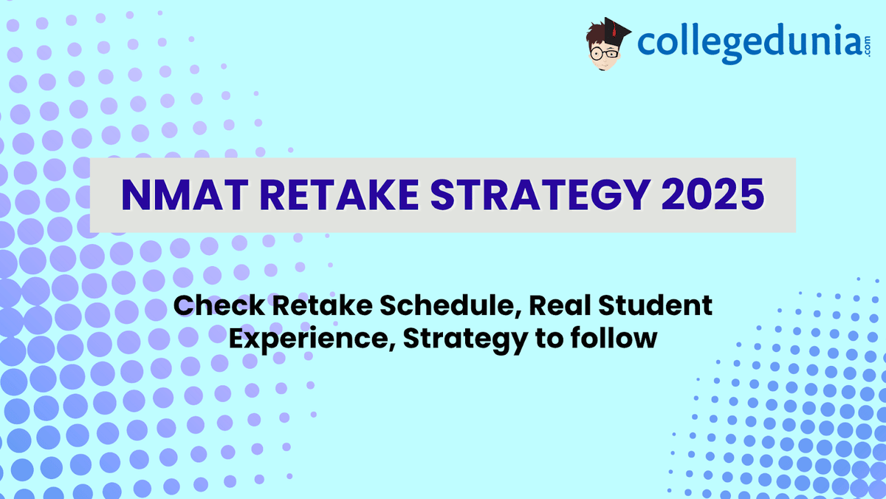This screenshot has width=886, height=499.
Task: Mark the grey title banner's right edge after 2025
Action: (794, 195)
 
